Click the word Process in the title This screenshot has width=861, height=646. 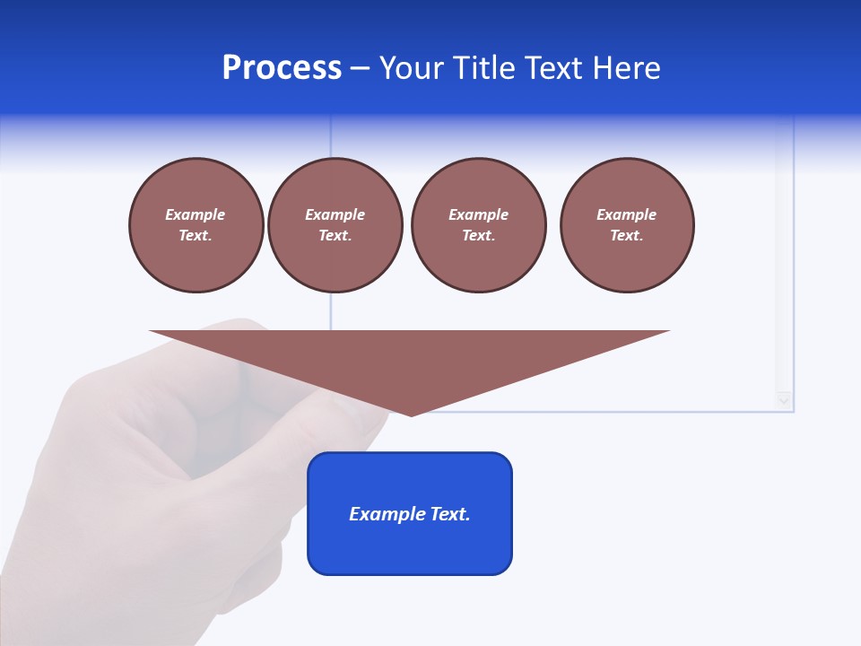coord(282,68)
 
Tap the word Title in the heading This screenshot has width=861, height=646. coord(481,68)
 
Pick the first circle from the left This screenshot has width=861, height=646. coord(196,225)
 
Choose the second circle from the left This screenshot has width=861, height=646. coord(335,225)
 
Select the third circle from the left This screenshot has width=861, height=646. coord(478,225)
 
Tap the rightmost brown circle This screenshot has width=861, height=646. coord(627,225)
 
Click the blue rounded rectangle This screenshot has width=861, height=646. coord(410,513)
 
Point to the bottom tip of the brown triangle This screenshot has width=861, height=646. coord(411,415)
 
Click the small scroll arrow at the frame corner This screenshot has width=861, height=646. coord(785,400)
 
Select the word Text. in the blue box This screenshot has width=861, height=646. coord(449,514)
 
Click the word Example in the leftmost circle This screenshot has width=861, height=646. coord(196,214)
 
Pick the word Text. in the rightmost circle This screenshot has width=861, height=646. coord(627,235)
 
